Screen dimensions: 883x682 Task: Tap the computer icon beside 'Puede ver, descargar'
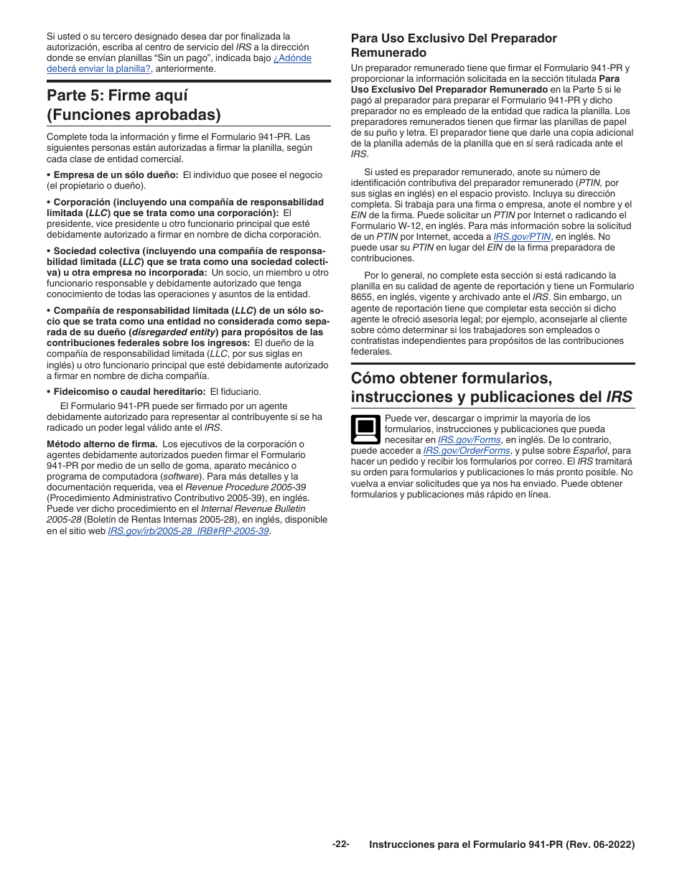pos(365,429)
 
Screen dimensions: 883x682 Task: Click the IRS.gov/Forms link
pos(469,440)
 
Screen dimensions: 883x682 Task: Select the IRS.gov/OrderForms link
pos(467,451)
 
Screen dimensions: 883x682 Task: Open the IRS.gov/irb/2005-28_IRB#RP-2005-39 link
pos(189,531)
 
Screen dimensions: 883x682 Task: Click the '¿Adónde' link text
pos(292,58)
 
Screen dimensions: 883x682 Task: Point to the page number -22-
pos(340,844)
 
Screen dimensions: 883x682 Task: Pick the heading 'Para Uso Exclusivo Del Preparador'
pos(453,39)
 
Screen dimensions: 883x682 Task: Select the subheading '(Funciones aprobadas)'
pos(134,116)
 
